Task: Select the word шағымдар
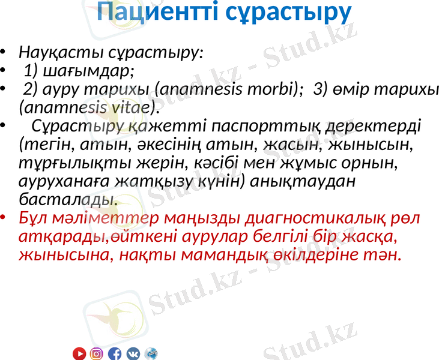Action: click(79, 71)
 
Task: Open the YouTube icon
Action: click(79, 354)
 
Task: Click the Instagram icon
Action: click(97, 354)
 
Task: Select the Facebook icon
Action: click(115, 354)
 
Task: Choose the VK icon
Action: click(133, 354)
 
